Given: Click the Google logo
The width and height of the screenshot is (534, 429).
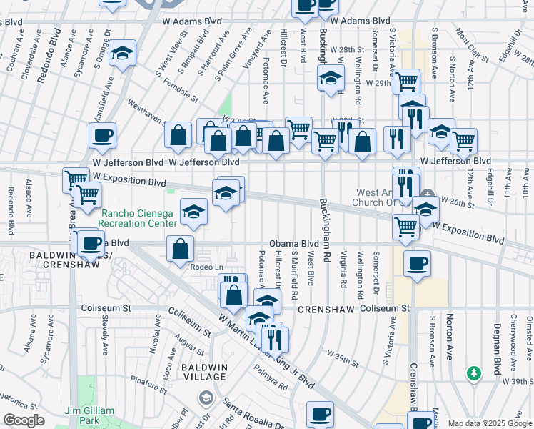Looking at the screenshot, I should tap(23, 420).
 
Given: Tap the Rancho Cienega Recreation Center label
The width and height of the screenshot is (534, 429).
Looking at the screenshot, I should tap(138, 218).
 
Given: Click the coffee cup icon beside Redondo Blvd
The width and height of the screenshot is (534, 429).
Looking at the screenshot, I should tap(103, 135).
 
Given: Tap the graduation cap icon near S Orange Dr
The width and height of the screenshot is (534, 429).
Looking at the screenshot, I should tap(123, 54).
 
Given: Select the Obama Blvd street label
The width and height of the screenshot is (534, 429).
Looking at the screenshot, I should tap(293, 244).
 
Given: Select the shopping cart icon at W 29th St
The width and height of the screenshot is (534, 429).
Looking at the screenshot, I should tap(406, 82).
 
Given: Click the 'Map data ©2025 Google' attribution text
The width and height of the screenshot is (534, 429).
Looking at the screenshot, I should tap(490, 423).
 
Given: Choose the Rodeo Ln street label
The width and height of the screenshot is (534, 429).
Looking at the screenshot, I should tap(204, 267).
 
